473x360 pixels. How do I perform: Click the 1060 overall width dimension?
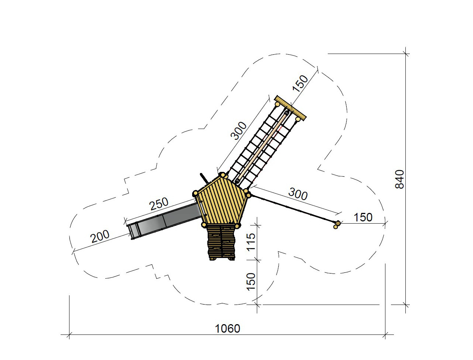[227, 329]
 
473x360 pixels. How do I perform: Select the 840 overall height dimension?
[399, 179]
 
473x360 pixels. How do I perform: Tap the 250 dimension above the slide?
[159, 204]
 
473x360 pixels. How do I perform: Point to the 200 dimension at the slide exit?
[100, 236]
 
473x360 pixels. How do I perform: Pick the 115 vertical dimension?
[251, 242]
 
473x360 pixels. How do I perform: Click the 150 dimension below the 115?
[251, 282]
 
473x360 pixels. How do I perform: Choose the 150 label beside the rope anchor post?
[363, 217]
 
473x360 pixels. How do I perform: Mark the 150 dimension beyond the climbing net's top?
[300, 84]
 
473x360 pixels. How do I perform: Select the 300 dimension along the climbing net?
[239, 131]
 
